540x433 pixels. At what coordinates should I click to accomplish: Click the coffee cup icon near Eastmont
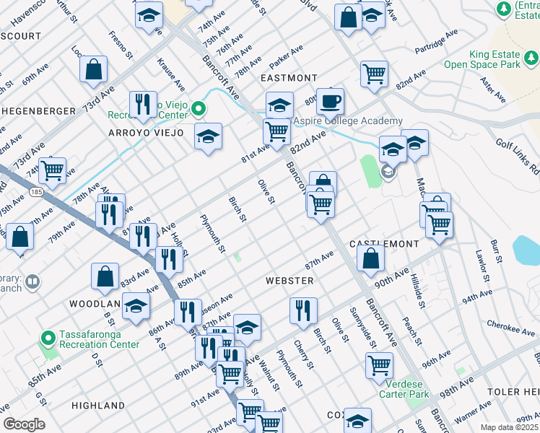point(330,102)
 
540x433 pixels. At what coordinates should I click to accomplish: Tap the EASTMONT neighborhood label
point(289,78)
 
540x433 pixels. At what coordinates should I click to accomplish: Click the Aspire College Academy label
point(346,121)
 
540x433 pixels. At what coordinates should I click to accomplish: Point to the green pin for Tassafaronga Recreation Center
point(48,338)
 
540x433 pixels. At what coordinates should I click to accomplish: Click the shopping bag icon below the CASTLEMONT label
point(370,260)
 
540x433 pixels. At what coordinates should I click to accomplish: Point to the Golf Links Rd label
point(517,154)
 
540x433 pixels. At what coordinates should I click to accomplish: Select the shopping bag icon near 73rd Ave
point(94,70)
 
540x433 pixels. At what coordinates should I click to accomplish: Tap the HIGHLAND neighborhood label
point(98,406)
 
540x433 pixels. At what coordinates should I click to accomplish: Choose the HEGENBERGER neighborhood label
point(38,110)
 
